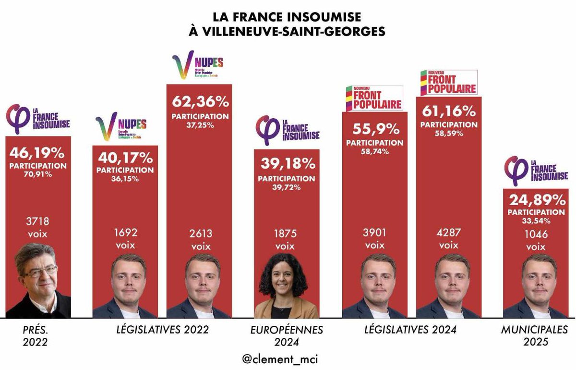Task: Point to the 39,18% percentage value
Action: (287, 164)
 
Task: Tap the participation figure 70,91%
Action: (38, 174)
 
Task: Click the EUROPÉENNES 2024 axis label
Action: (287, 336)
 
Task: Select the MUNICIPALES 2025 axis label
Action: (534, 336)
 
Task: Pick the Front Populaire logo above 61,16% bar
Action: (448, 82)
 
